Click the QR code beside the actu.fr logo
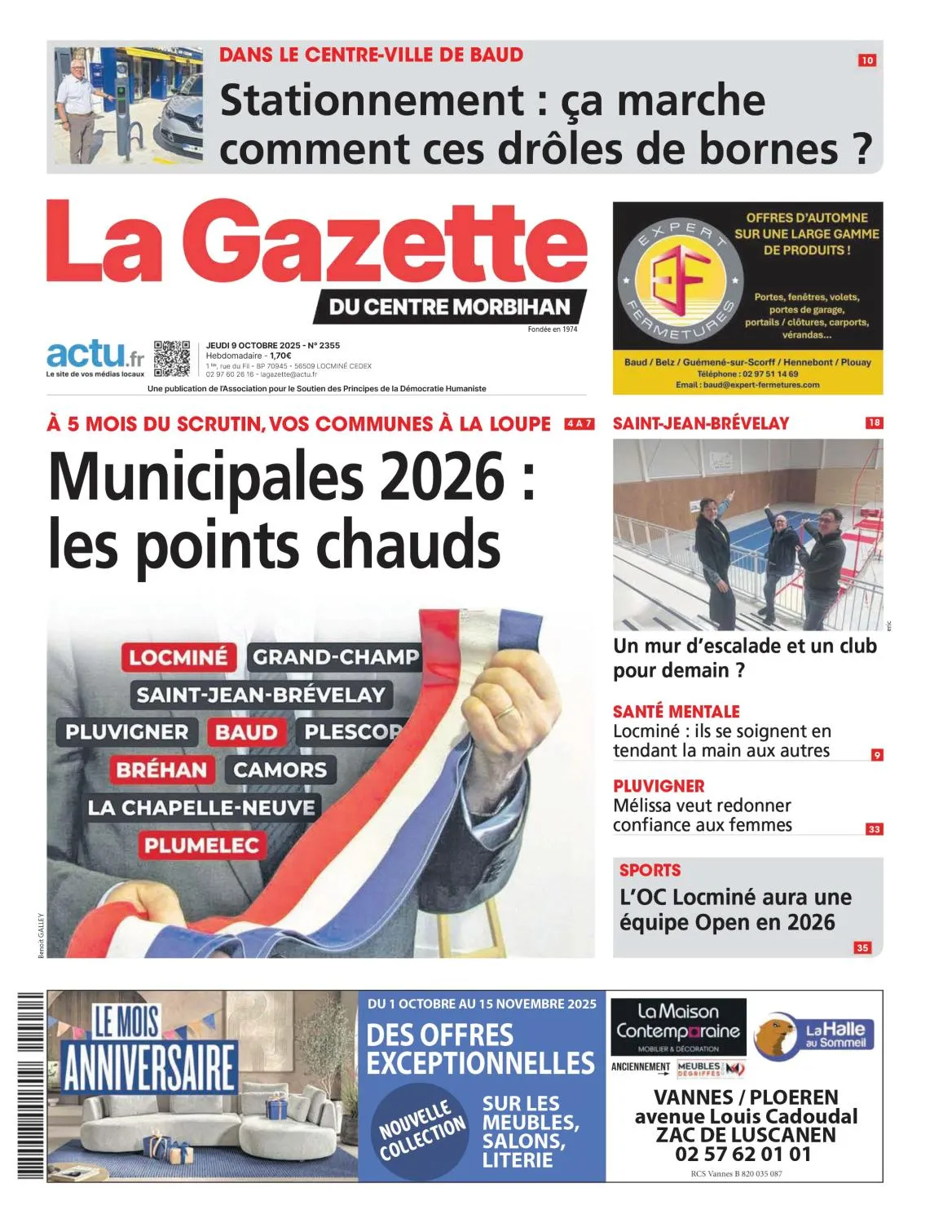point(172,359)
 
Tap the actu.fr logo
point(95,356)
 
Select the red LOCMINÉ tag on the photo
point(179,657)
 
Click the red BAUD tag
point(246,732)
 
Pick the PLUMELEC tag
point(201,846)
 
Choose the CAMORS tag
point(280,770)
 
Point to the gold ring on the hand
point(507,711)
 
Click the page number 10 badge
point(866,60)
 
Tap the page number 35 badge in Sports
point(862,947)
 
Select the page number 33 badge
point(874,829)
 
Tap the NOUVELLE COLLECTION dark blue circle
point(421,1132)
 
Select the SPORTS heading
point(650,870)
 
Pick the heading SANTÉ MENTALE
point(676,711)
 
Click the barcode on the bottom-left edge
point(30,1084)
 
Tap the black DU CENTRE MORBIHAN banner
point(449,307)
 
